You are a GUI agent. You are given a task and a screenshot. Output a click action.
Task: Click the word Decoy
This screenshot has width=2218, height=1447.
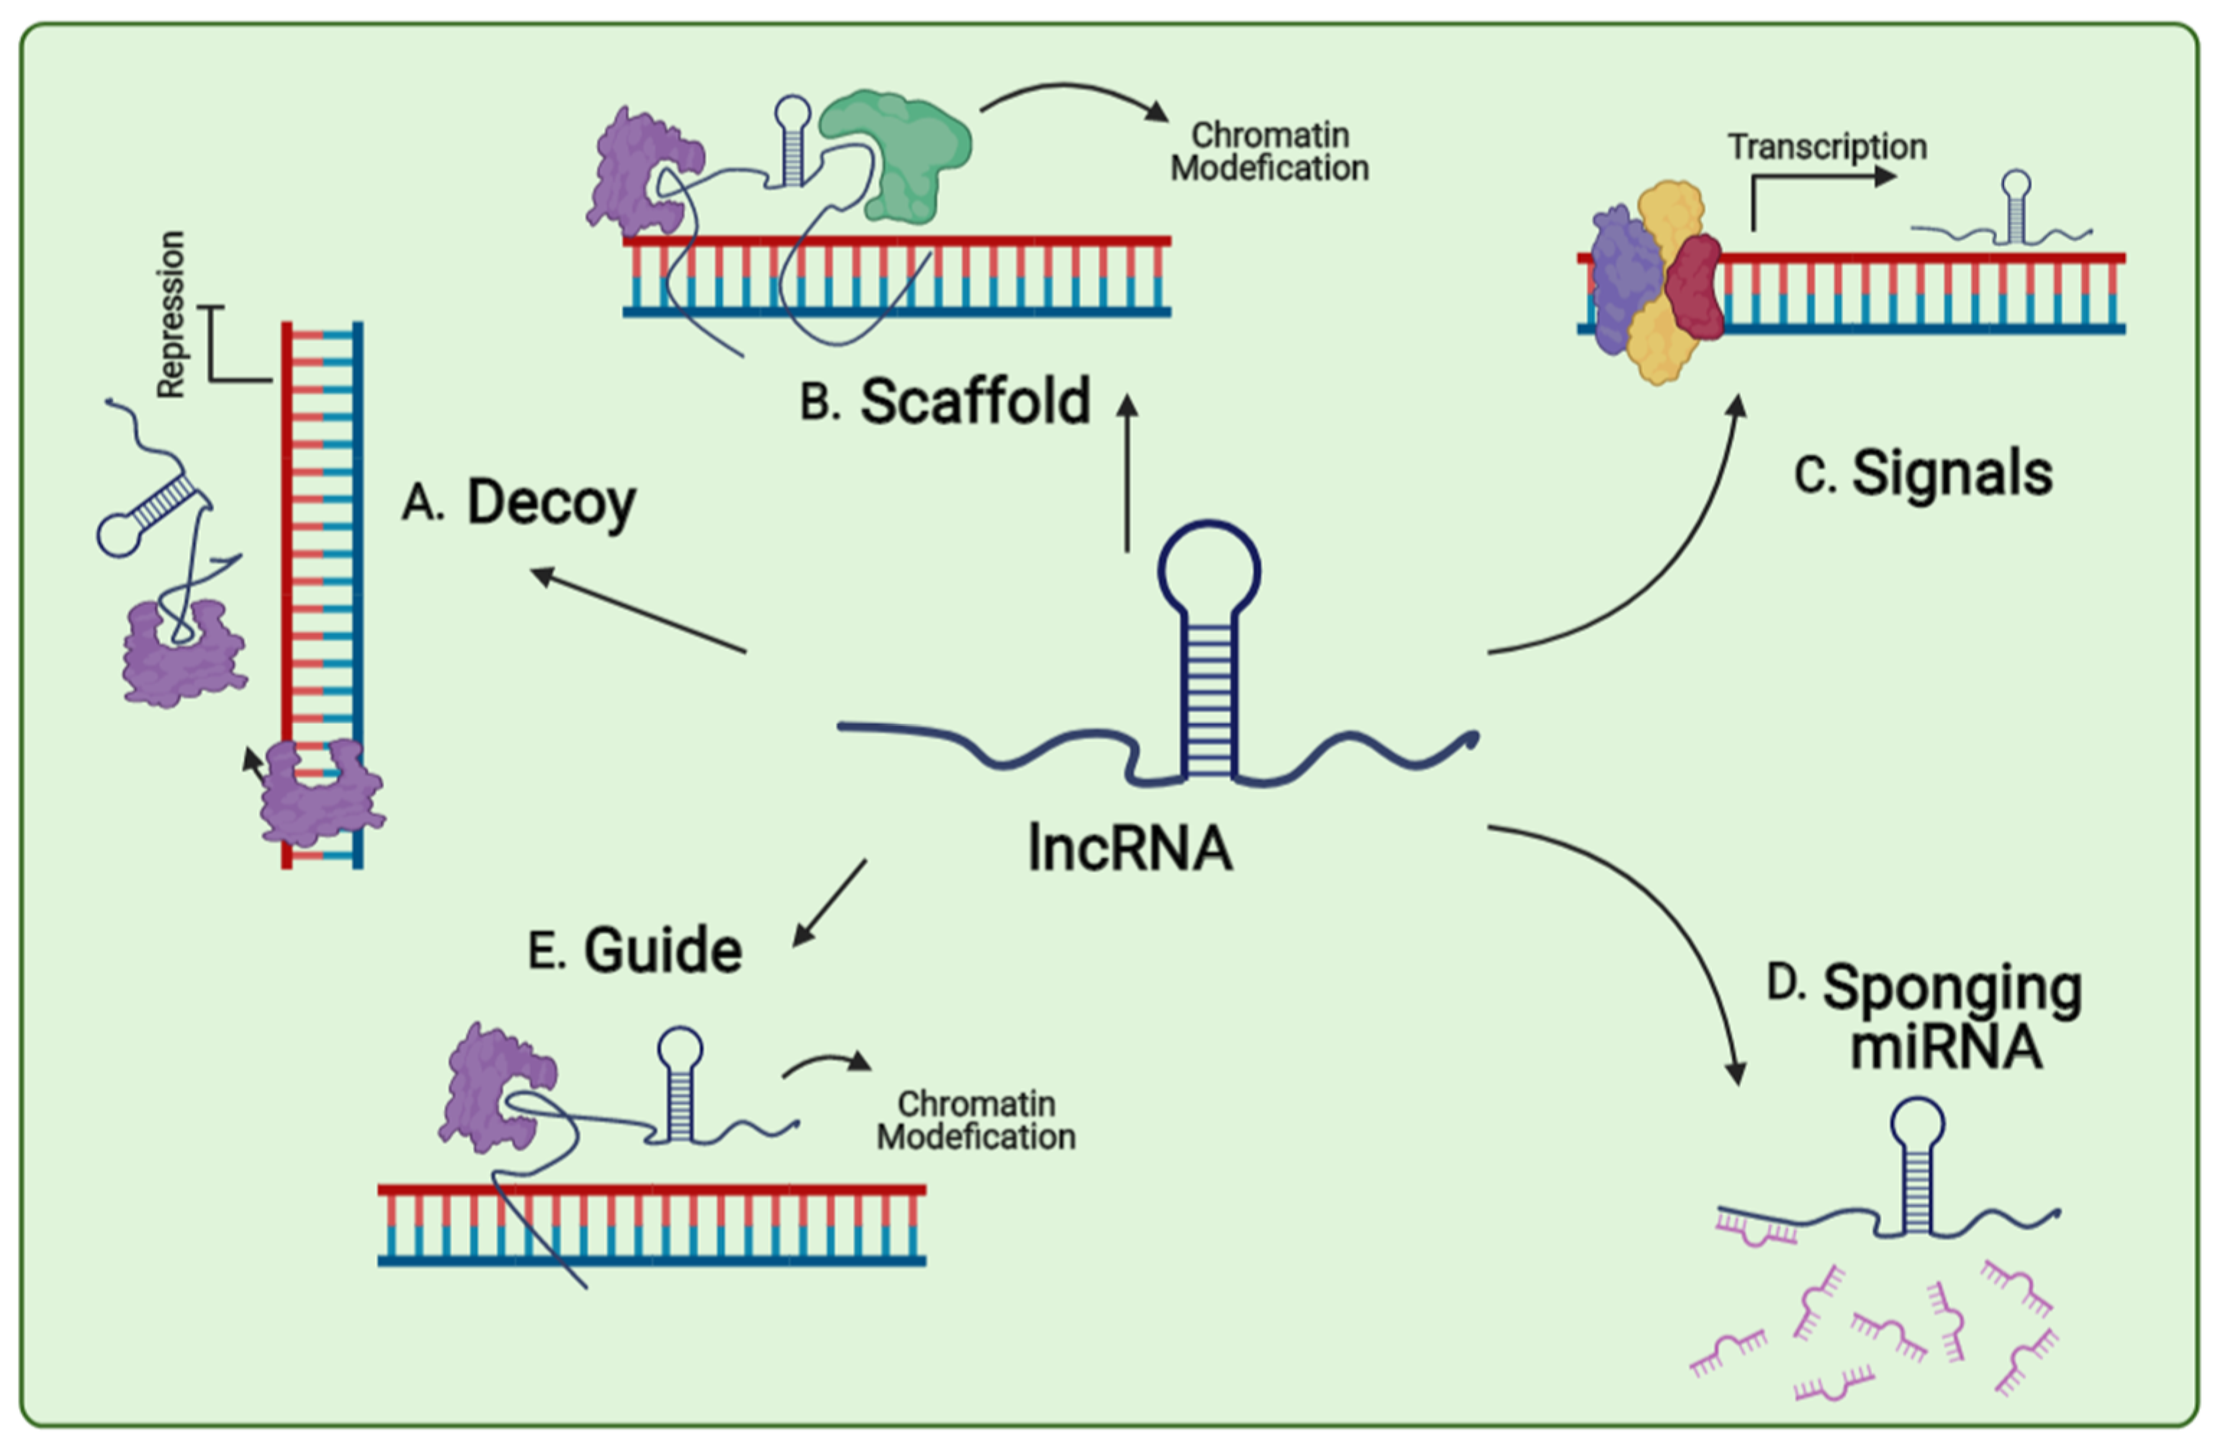point(551,504)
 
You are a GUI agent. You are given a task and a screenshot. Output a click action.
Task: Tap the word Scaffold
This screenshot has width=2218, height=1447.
point(974,402)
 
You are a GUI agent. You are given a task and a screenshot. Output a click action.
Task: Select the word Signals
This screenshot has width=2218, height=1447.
point(1952,473)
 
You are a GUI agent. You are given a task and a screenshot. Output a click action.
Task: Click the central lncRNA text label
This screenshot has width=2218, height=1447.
point(1130,848)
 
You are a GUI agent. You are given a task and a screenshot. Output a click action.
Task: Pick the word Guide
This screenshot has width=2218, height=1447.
point(662,951)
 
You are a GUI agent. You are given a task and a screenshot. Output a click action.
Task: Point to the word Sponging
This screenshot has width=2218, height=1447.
point(1952,989)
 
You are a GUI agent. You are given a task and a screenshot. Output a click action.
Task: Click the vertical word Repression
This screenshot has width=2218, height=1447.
point(171,315)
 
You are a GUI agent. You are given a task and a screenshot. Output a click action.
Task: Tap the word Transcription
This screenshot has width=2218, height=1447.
point(1826,148)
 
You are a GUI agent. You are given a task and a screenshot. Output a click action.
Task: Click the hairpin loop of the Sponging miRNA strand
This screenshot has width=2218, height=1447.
point(1917,1122)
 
